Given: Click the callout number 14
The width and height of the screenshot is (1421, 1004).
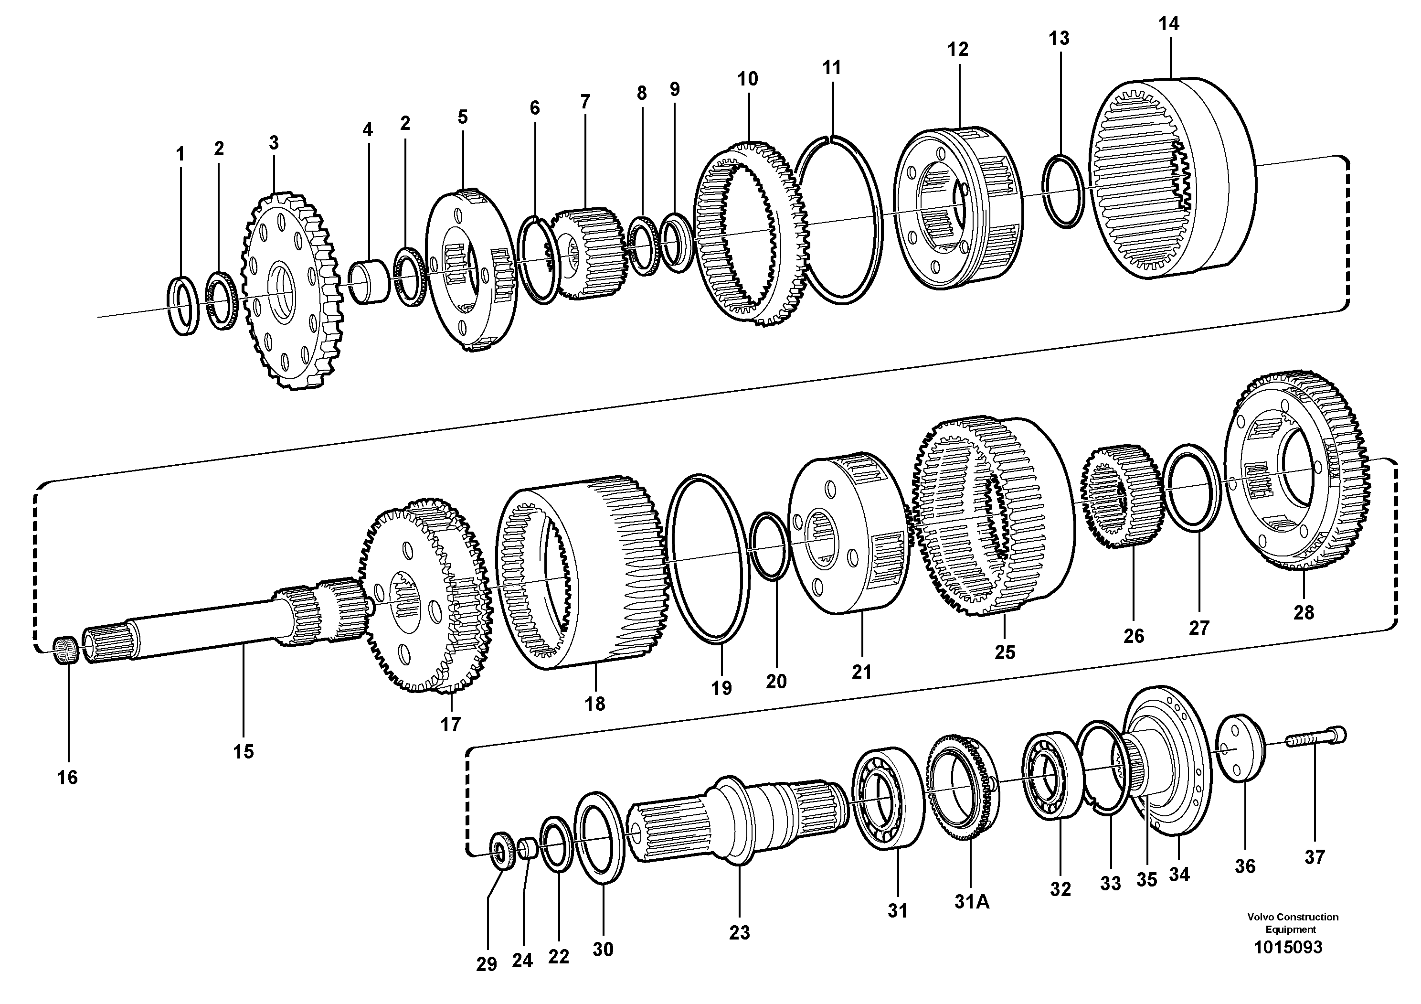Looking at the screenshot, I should tap(1168, 24).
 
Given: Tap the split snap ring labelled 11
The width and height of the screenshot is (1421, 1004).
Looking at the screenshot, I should tap(838, 220).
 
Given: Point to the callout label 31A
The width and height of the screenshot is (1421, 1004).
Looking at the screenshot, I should tap(972, 902).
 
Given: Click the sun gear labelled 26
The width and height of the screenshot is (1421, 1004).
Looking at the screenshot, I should tap(1122, 496).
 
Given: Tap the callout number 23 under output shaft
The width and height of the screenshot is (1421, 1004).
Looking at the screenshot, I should tap(739, 932).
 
